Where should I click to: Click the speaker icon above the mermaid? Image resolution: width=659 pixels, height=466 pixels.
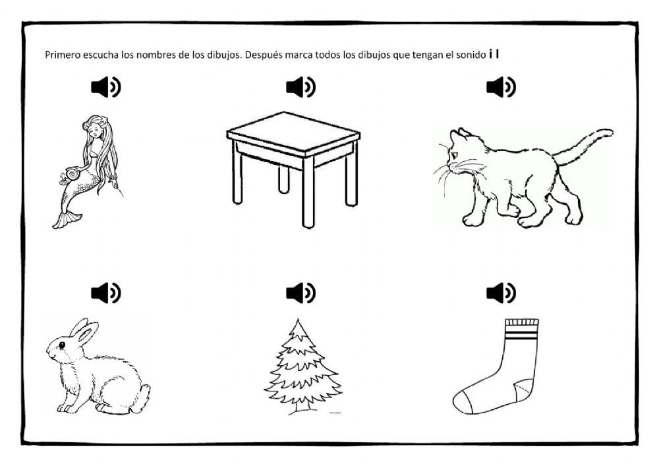[106, 87]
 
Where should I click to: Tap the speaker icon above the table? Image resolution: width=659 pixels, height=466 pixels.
[301, 87]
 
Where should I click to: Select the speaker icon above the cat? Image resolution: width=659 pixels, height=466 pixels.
[501, 87]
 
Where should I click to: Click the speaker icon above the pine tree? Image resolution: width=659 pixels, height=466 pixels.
[301, 293]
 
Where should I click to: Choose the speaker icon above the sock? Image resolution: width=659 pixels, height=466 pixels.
[501, 293]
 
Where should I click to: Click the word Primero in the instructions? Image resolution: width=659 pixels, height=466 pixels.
[63, 55]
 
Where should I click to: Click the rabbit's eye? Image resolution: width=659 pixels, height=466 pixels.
[62, 345]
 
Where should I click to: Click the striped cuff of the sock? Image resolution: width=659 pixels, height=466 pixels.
[521, 329]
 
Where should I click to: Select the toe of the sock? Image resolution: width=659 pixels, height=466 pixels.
[463, 401]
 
